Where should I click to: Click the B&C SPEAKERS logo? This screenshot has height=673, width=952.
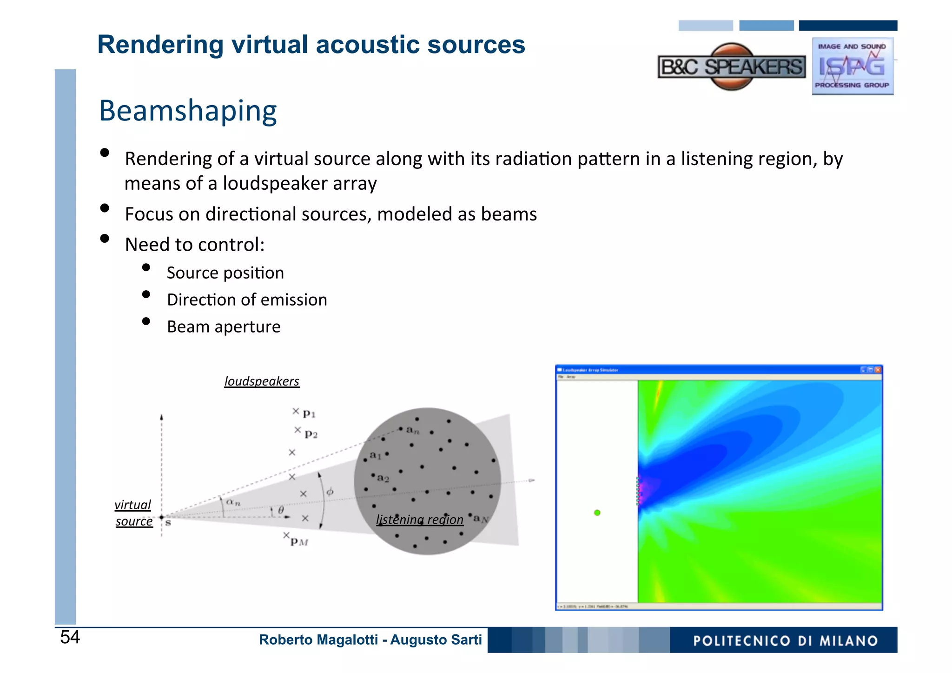point(732,67)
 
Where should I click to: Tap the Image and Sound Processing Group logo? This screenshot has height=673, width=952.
point(852,67)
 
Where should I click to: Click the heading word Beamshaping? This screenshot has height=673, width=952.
point(188,111)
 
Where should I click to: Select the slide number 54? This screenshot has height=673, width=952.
point(70,637)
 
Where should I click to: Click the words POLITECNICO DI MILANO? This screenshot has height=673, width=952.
point(785,641)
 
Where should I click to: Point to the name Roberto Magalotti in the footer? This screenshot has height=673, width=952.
point(318,640)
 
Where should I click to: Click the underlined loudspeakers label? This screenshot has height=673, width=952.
point(262,381)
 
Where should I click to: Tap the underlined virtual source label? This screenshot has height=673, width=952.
point(133,513)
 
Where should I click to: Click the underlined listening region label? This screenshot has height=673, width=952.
point(420,520)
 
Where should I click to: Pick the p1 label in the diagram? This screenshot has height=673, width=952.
point(309,413)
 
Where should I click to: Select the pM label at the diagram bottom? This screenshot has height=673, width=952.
point(299,541)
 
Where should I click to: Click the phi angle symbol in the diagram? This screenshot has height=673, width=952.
point(330,492)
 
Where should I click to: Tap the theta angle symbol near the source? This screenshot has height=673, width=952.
point(281,510)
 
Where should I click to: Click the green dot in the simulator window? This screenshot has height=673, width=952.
point(597,513)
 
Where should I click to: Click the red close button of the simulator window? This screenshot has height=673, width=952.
point(878,370)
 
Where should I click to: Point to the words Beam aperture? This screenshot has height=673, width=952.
point(224,327)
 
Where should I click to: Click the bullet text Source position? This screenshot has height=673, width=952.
point(225,273)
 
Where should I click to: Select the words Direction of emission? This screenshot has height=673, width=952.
point(247,300)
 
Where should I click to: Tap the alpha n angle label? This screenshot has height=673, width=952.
point(233,502)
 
